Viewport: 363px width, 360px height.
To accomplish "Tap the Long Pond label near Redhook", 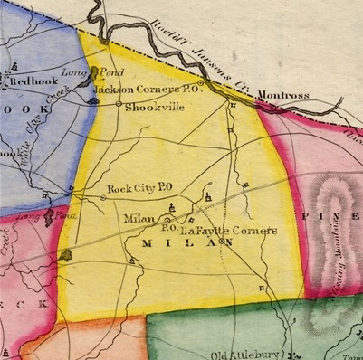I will [x=77, y=71].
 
